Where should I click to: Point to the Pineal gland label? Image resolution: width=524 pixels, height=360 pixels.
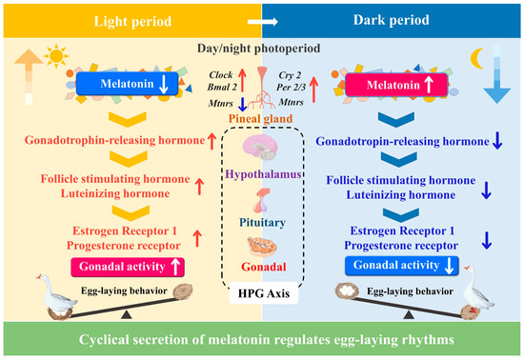261,120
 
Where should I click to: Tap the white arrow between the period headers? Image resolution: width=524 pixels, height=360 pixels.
261,18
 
